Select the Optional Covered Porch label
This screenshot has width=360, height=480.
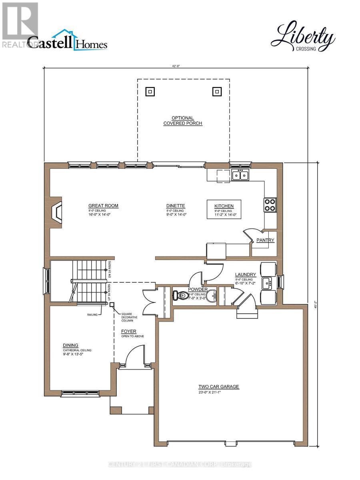(183, 121)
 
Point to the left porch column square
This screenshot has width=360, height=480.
(150, 92)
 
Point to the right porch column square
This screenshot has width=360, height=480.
(216, 92)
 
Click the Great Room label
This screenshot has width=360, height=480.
(103, 206)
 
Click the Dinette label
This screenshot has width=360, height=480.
(175, 206)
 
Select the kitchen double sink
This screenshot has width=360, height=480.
(240, 175)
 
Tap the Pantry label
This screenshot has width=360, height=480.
(266, 240)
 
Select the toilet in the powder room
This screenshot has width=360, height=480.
(181, 296)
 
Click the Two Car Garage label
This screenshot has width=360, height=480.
(218, 386)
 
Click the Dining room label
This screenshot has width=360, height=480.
(70, 345)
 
